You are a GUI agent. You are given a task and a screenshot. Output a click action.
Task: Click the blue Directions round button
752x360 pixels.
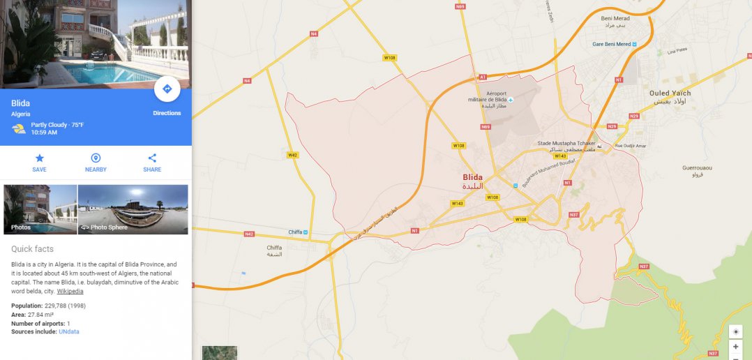coord(167,89)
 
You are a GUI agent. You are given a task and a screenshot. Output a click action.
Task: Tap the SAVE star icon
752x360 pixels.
coord(39,158)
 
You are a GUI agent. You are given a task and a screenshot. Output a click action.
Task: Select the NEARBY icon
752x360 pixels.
coord(96,158)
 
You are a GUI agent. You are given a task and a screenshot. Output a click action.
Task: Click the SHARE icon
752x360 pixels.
coord(152,158)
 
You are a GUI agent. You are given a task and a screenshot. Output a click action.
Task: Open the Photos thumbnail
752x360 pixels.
coord(40,209)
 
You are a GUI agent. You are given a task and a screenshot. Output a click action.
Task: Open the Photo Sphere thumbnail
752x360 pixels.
coord(133,209)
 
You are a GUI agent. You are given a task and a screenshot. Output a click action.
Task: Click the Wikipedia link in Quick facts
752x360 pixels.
coord(70,291)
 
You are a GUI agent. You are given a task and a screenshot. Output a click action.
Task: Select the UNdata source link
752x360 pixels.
coord(69,331)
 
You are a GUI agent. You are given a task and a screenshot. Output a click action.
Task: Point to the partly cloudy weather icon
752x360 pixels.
coord(19,128)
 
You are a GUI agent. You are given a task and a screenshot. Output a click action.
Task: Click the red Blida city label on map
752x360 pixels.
coord(472,177)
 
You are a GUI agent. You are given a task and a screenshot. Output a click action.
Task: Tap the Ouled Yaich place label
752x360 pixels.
coord(670,93)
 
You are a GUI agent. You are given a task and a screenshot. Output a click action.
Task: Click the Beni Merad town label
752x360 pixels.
coord(615,18)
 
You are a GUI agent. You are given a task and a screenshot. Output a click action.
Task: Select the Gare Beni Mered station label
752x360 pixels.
coord(612,44)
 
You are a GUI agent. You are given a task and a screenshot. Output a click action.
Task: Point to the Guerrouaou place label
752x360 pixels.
coord(697,168)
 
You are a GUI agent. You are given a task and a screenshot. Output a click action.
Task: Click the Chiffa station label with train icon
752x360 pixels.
coord(298,232)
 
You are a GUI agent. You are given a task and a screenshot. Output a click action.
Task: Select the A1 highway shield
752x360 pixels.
coord(482,77)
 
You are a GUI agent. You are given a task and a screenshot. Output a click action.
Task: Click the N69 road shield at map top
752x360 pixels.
coord(460,6)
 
